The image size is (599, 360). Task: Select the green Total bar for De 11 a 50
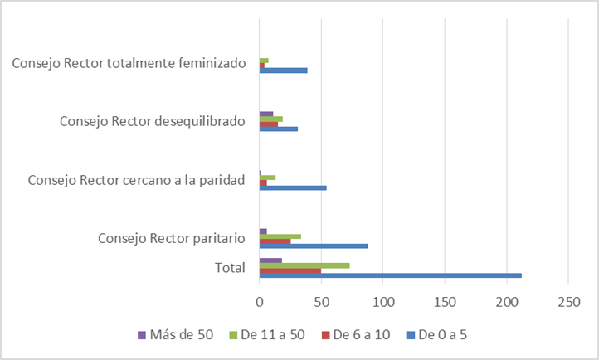(304, 265)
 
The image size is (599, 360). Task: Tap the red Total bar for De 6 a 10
(290, 271)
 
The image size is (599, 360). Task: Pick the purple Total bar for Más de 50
(270, 260)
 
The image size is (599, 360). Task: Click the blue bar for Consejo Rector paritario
(314, 246)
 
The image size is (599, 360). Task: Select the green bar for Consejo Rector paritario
(280, 236)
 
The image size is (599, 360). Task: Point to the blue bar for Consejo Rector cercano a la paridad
(293, 187)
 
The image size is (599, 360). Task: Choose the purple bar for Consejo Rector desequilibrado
(266, 113)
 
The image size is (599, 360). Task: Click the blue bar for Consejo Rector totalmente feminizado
(284, 71)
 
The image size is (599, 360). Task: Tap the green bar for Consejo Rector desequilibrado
(271, 119)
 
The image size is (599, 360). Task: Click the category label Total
(230, 268)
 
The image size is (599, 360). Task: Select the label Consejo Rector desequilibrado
(153, 122)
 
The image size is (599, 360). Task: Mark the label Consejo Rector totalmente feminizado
(129, 63)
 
